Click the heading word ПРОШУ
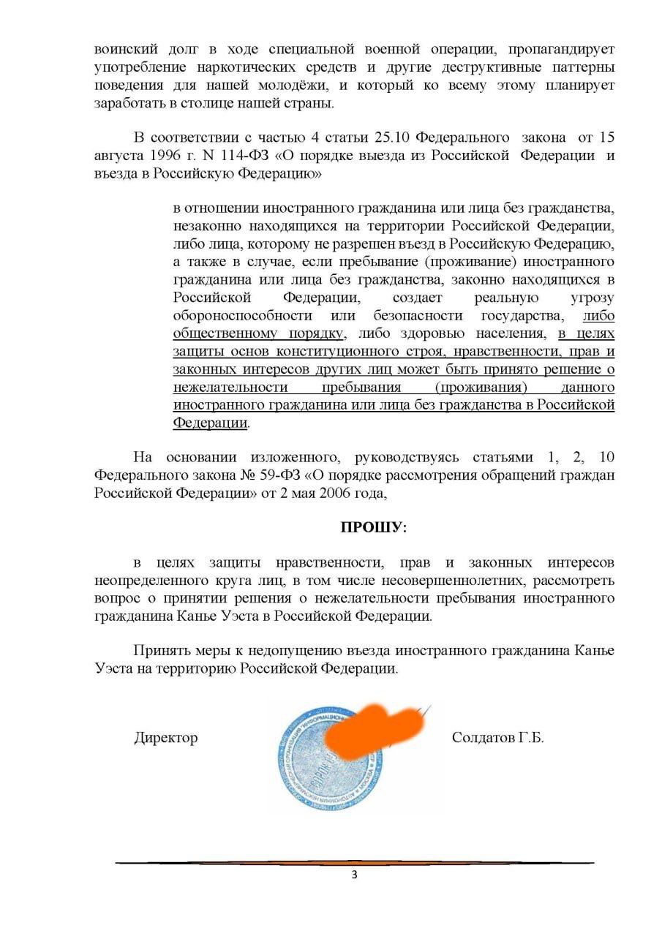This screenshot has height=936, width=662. click(x=372, y=526)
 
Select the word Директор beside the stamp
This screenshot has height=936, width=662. click(x=165, y=737)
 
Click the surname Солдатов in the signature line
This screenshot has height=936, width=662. click(x=484, y=737)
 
